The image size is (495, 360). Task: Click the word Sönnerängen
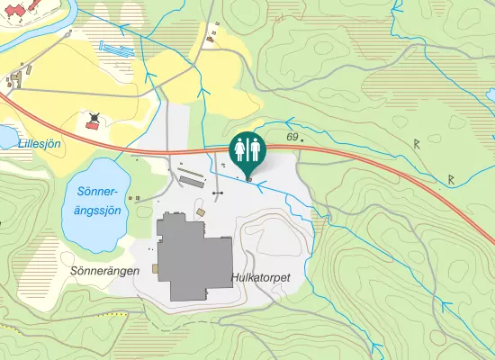[x=104, y=269]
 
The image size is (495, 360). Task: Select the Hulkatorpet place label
[x=260, y=279]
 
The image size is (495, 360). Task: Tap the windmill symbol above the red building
[x=94, y=116]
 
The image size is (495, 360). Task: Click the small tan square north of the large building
[x=201, y=211]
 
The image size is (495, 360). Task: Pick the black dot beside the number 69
[x=302, y=141]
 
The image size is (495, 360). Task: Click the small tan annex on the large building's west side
[x=156, y=268]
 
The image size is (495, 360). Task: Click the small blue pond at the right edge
[x=491, y=95]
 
